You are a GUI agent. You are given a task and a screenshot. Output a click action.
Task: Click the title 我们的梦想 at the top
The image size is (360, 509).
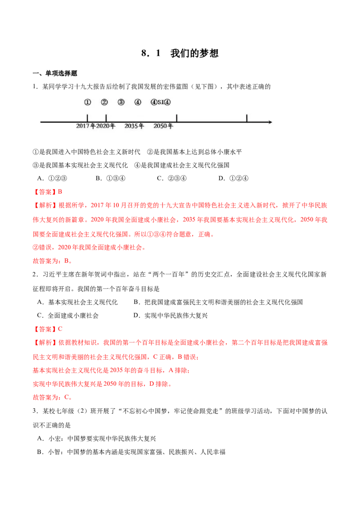(194, 53)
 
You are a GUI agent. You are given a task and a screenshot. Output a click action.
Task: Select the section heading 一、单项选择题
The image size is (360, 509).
(55, 73)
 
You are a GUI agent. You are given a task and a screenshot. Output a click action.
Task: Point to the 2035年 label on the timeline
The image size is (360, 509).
(134, 126)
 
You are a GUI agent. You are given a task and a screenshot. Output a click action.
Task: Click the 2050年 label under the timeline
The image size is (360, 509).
(163, 126)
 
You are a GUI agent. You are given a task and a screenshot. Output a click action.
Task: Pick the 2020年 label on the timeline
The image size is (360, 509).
(106, 126)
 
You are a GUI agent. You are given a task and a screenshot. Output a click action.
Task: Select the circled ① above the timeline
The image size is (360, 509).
(88, 102)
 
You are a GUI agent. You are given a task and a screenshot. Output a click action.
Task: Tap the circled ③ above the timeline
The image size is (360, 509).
(121, 102)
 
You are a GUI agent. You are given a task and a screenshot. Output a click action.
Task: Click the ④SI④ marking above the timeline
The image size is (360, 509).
(161, 102)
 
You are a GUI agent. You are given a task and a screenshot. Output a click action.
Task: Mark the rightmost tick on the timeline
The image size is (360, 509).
(247, 118)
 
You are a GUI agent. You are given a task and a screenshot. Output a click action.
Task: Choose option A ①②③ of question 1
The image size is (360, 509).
(52, 178)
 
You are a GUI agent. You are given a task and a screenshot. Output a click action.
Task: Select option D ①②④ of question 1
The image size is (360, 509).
(233, 178)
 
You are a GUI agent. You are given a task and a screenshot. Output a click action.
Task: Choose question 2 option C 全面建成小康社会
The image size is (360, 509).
(68, 316)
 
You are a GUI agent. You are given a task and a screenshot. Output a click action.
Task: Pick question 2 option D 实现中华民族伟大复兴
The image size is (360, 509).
(171, 316)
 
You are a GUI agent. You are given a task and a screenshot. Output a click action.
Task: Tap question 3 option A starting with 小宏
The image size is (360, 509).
(96, 438)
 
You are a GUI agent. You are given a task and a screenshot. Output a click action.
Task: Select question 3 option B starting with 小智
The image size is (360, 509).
(131, 452)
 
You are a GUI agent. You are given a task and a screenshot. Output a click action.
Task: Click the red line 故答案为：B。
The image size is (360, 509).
(52, 261)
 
